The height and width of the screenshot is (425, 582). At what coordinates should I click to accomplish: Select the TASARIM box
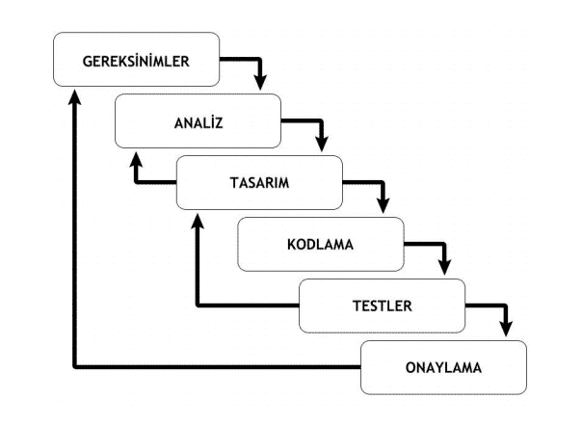258,183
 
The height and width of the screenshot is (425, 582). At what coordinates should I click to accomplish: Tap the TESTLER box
382,305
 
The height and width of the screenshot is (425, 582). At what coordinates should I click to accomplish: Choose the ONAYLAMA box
443,367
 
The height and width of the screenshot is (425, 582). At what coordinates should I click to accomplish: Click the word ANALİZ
197,122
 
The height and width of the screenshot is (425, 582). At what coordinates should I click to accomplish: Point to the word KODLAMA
320,244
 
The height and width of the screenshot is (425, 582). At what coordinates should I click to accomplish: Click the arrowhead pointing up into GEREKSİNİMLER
74,98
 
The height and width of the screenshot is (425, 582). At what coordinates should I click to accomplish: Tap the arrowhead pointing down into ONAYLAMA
508,330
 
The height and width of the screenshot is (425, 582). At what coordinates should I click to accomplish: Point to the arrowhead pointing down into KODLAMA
384,206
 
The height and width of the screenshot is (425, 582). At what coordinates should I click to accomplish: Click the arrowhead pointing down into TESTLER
446,268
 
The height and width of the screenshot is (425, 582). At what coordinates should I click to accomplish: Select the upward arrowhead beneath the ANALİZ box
136,160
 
